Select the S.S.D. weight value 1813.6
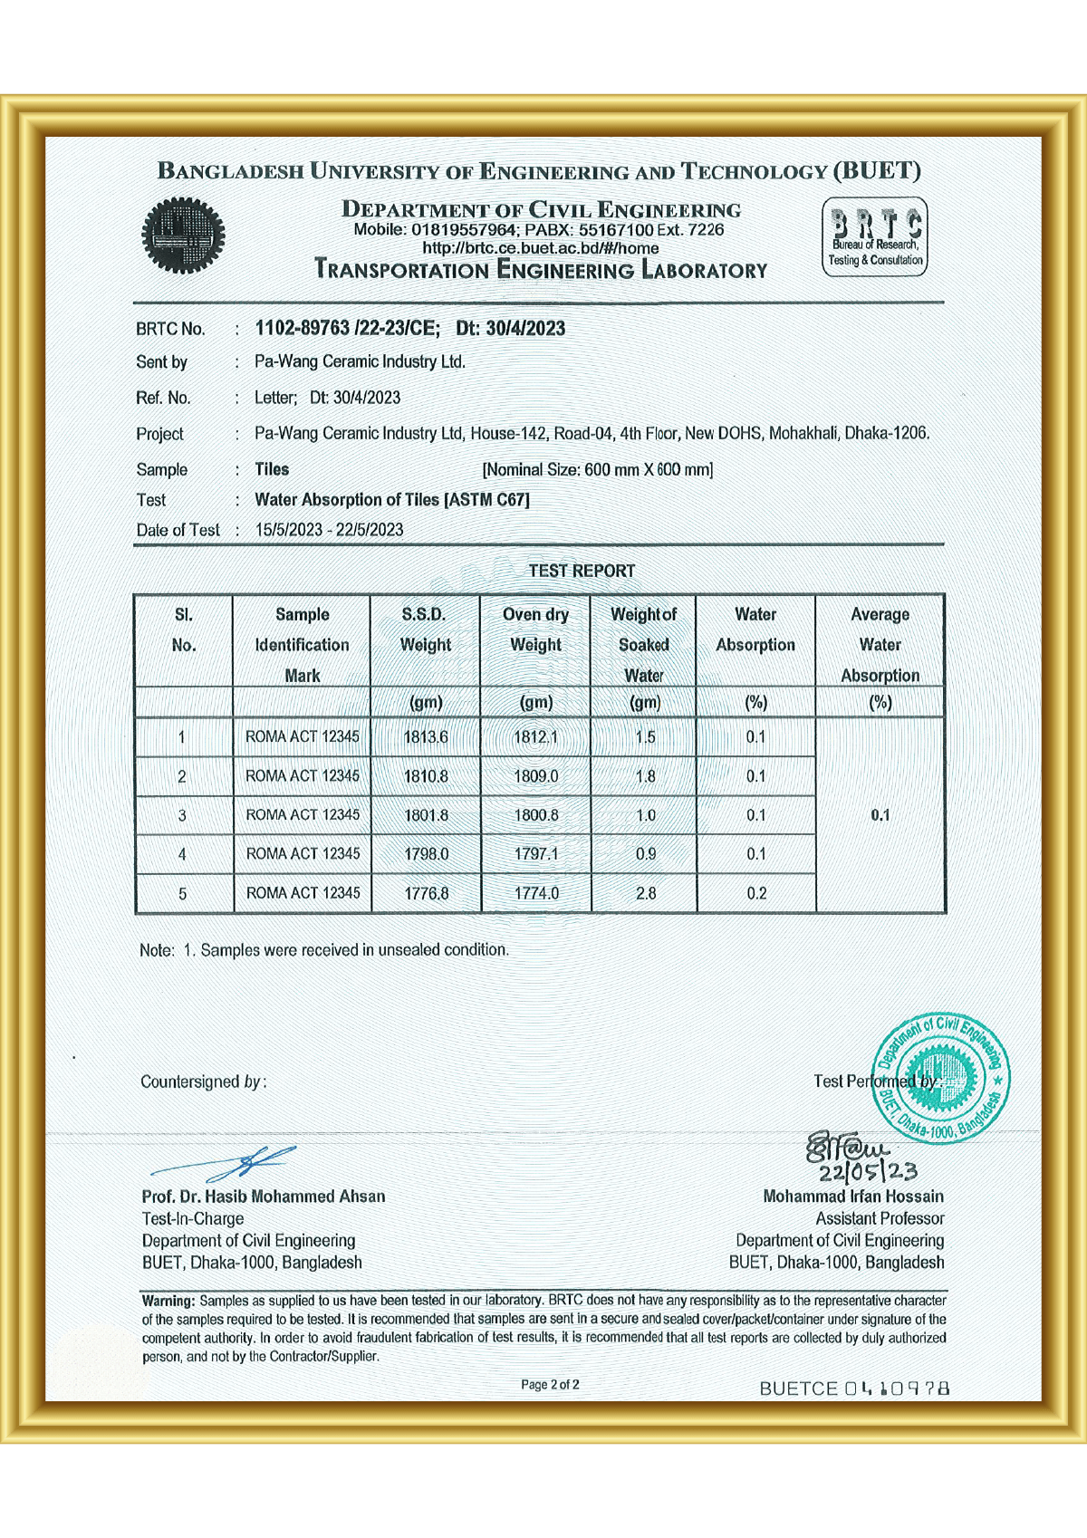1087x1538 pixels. [x=426, y=737]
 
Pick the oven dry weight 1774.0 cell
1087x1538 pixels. [x=536, y=893]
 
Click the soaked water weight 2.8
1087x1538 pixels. [x=645, y=893]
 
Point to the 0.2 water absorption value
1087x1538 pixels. [x=756, y=893]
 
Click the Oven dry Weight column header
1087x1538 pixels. [x=535, y=630]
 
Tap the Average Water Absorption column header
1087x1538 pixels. [x=880, y=644]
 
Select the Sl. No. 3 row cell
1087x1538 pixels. [x=182, y=815]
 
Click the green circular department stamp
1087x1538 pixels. [x=940, y=1077]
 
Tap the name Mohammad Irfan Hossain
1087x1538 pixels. [x=852, y=1197]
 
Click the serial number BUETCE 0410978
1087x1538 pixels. [x=854, y=1389]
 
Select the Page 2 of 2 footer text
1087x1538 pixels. [x=550, y=1385]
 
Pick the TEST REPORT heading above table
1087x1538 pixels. [x=582, y=571]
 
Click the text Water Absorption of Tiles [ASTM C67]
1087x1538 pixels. [x=392, y=500]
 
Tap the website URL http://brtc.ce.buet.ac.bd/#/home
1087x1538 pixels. [x=540, y=248]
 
